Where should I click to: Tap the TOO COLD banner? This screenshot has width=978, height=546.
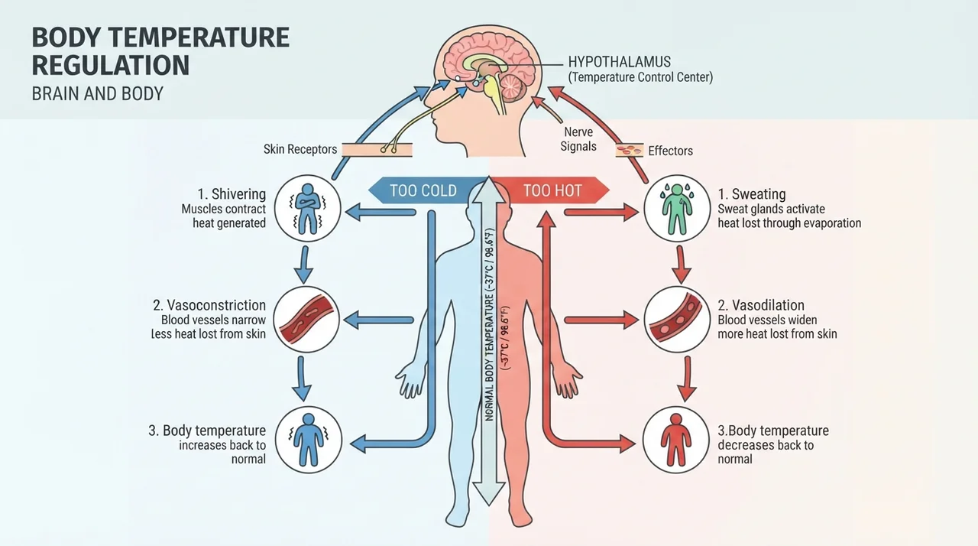(x=423, y=190)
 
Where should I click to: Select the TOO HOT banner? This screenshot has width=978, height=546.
(x=552, y=190)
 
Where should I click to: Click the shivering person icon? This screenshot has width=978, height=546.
(x=307, y=208)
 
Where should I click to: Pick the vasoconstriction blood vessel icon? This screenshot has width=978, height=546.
(x=306, y=320)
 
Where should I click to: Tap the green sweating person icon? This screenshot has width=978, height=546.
(x=677, y=208)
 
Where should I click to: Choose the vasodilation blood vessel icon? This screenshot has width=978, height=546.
(x=677, y=320)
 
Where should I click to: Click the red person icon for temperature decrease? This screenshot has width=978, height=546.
(x=676, y=440)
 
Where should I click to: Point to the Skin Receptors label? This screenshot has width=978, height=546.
(x=300, y=149)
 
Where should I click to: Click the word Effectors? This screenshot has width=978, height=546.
(x=670, y=151)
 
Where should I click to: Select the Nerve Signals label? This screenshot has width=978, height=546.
(x=578, y=139)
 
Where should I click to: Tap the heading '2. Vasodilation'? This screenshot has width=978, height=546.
(x=761, y=305)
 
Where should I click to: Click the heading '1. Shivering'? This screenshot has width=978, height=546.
(x=232, y=194)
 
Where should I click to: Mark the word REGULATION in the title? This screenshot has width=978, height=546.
(x=111, y=66)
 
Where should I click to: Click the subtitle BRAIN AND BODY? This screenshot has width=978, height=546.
(x=97, y=94)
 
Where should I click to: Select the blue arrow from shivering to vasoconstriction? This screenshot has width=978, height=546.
(x=304, y=265)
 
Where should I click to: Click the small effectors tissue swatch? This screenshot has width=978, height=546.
(x=629, y=150)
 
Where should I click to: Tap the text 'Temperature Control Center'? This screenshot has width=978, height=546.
(x=640, y=77)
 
